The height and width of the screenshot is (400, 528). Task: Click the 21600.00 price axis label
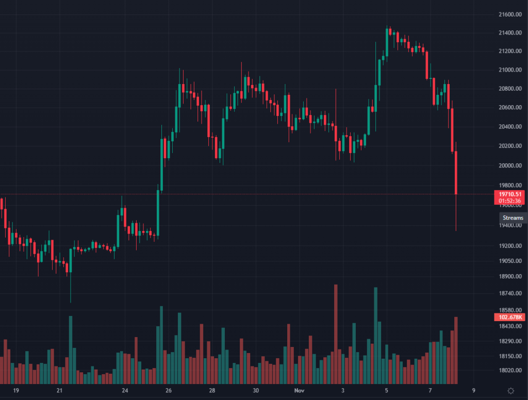(x=510, y=14)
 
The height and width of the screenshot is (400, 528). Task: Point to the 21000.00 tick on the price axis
(x=510, y=70)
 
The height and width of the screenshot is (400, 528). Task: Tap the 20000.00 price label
(x=510, y=166)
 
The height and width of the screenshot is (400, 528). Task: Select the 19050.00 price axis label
(x=510, y=261)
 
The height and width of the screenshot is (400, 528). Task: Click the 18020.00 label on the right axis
(x=510, y=370)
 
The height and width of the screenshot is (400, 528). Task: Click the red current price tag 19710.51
(x=510, y=194)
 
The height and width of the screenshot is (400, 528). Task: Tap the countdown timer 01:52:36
(x=510, y=201)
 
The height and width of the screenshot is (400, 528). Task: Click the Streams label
(x=513, y=218)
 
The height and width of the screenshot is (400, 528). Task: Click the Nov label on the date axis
(x=300, y=390)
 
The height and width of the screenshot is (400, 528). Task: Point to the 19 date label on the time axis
(x=16, y=390)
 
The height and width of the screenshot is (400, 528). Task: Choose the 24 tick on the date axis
(x=125, y=390)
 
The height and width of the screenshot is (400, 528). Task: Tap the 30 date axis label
(x=256, y=390)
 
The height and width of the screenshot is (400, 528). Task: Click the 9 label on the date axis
(x=473, y=390)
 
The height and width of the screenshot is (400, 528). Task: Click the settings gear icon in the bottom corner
(x=510, y=390)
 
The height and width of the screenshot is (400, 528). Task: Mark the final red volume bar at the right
(x=456, y=351)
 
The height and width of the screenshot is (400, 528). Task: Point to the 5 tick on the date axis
(x=387, y=390)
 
